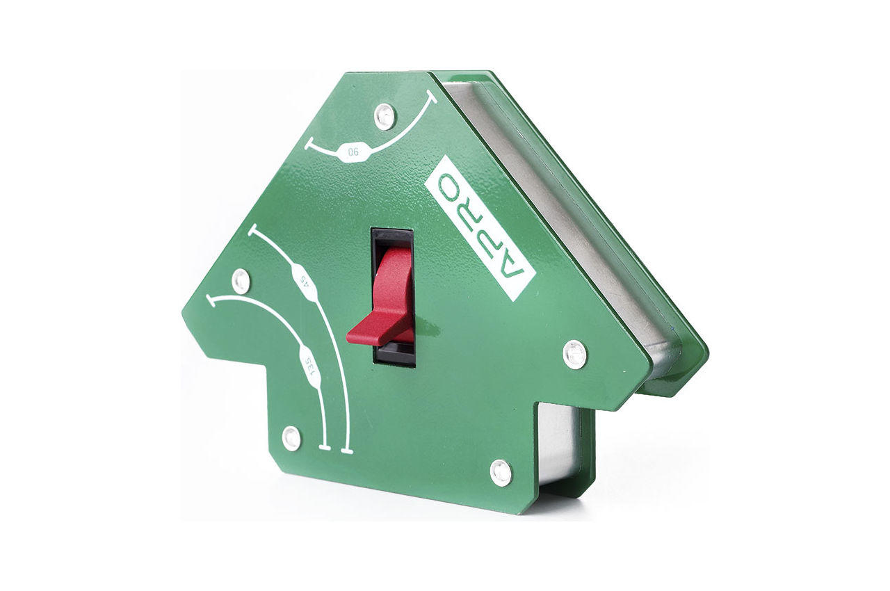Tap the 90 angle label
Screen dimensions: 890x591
[353, 152]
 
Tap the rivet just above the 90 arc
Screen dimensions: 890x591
[385, 116]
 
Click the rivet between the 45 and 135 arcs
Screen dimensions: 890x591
[241, 280]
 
